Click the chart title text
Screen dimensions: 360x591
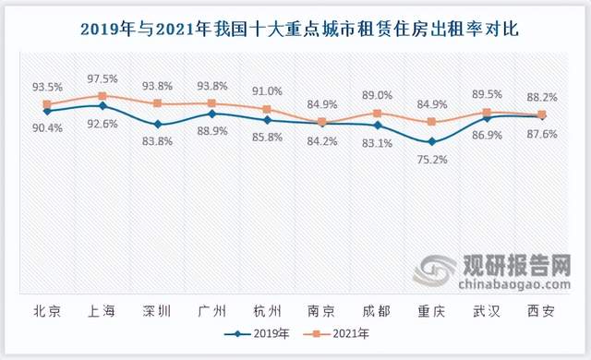pos(295,29)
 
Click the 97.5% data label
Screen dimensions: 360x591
pos(103,78)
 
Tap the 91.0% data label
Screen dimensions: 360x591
pos(267,91)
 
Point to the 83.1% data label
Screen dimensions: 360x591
pos(377,142)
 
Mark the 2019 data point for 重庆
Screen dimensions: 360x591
pos(431,141)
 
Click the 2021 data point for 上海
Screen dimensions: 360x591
pos(103,95)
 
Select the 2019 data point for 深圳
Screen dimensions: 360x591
pos(157,124)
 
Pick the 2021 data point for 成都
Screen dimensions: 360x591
pos(377,114)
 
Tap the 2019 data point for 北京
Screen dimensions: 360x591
pos(47,111)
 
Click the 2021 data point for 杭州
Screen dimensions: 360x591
pos(267,109)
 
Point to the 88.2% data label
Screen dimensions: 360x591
pos(541,96)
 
